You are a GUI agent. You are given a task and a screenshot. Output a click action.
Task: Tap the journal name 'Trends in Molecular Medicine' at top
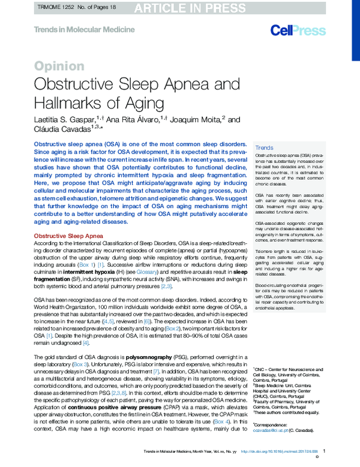point(74,29)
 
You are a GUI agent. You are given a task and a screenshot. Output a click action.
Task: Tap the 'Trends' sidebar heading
point(264,148)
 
